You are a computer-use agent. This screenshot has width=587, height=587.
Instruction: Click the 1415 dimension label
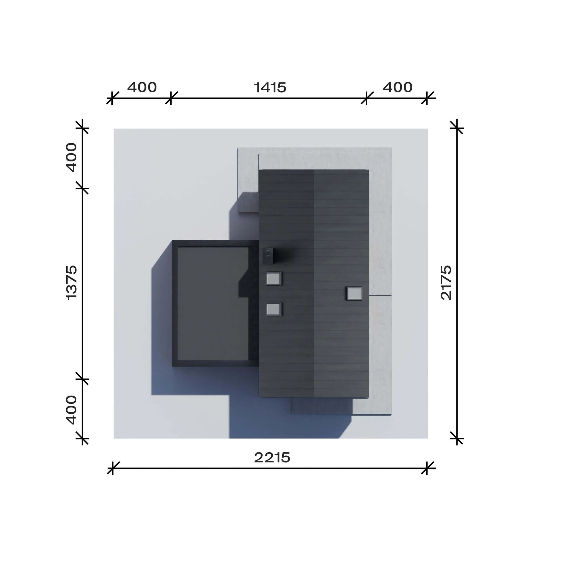[x=270, y=88]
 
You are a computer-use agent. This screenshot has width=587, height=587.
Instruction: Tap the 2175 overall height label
[x=446, y=282]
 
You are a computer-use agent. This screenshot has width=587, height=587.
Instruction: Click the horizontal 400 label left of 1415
[x=142, y=88]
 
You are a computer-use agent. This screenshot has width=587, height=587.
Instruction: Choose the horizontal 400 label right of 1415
[x=397, y=88]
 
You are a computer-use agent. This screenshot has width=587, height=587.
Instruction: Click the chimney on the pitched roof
[x=268, y=256]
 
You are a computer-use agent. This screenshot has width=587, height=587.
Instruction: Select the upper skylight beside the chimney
[x=274, y=278]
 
